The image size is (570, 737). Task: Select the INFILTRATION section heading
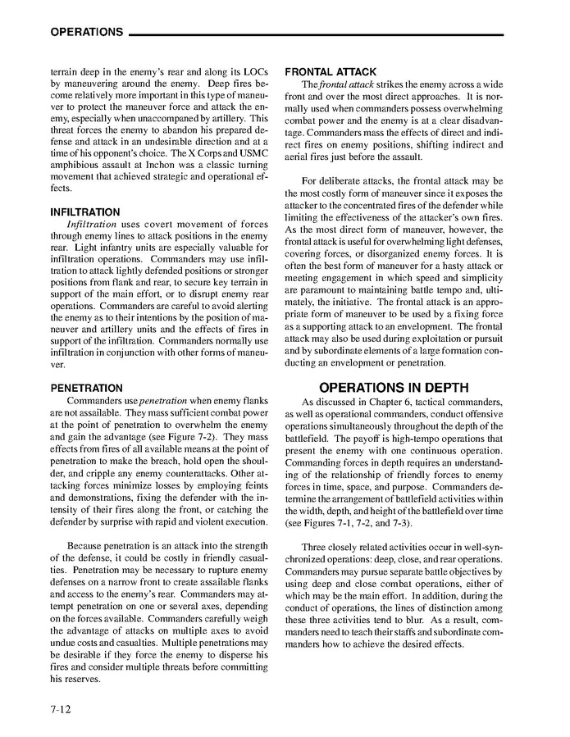tap(85, 212)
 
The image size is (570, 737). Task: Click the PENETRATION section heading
tap(87, 388)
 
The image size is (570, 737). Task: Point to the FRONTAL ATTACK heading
tap(331, 72)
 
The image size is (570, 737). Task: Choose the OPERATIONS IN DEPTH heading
tap(394, 388)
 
